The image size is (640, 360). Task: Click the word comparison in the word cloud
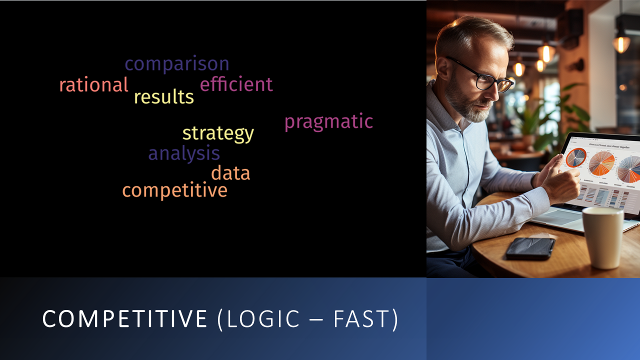177,64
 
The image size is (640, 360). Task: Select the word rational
93,84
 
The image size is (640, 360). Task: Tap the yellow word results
164,96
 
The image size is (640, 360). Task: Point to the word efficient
236,84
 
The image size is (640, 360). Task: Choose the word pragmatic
329,122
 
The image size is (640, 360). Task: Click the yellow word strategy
218,133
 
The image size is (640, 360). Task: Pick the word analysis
184,153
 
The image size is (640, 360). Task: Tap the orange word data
230,172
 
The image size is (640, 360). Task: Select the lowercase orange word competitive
175,190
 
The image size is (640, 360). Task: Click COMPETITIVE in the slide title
125,318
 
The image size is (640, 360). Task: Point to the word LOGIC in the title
263,318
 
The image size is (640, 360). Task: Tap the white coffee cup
603,237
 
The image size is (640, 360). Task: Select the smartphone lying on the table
530,248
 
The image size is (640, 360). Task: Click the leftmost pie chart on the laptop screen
576,157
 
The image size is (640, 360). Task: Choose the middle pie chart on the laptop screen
601,163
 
